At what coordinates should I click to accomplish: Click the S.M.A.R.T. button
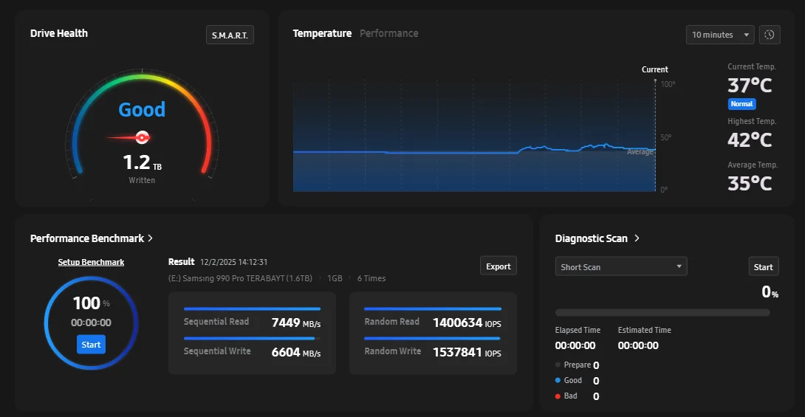click(x=230, y=35)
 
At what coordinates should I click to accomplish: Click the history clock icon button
click(x=770, y=35)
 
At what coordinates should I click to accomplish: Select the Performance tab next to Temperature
click(x=388, y=33)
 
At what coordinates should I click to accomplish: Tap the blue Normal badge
click(x=741, y=104)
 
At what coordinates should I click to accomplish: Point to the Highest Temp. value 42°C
click(x=750, y=139)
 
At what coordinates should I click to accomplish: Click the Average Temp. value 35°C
click(x=750, y=183)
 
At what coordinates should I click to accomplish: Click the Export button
click(x=499, y=266)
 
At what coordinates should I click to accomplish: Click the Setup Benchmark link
click(x=91, y=262)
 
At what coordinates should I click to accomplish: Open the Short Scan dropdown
click(x=620, y=266)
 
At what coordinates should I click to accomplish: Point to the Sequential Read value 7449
click(x=285, y=322)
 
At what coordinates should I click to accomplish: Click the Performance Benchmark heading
click(x=87, y=238)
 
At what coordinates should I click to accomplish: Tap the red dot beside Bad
click(x=558, y=396)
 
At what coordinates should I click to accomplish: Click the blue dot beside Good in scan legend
click(x=558, y=381)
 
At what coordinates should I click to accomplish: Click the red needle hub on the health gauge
click(x=143, y=137)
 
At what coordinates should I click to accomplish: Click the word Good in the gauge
click(x=142, y=110)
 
